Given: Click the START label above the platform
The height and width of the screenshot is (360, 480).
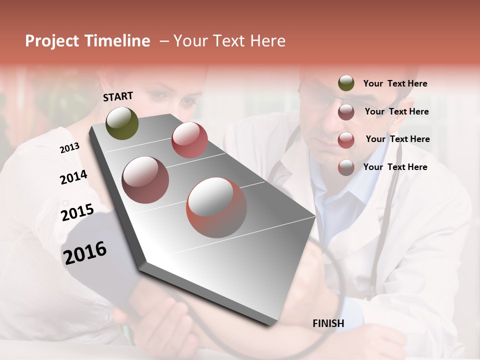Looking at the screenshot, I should (x=118, y=96).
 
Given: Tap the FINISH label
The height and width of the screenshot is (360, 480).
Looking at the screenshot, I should (x=328, y=323).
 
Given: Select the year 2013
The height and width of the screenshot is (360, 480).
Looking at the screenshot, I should (x=69, y=148).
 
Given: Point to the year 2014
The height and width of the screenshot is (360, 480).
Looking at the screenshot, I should (x=73, y=177).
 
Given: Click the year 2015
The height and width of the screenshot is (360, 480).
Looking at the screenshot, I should (x=77, y=212).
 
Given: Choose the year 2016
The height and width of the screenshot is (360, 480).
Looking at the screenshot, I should (x=85, y=252).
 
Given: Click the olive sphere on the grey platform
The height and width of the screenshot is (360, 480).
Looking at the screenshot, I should (x=122, y=123).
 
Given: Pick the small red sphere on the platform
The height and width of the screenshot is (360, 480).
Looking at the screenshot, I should (x=189, y=139).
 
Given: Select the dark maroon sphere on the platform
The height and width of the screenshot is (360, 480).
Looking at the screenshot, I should (x=145, y=180).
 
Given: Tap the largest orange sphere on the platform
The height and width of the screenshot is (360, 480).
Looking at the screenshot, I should (x=216, y=207).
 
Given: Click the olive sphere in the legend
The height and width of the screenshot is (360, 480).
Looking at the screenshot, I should (x=346, y=83).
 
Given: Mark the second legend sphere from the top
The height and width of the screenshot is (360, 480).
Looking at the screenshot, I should (x=346, y=112).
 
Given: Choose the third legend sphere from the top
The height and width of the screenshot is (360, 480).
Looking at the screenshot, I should (x=346, y=140).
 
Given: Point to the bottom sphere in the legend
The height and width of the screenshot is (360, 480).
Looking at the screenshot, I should (x=346, y=167).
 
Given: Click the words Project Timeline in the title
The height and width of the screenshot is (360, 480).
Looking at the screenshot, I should (x=87, y=41).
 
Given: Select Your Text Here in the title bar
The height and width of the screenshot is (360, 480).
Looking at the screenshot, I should (x=229, y=41).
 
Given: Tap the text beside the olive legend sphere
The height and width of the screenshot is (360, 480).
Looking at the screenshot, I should (x=395, y=83).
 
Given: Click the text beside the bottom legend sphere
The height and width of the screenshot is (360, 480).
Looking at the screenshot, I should (x=395, y=167).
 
